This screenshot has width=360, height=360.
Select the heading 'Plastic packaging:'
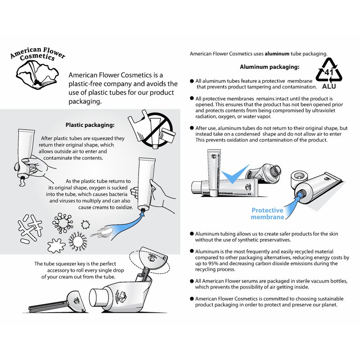[x=90, y=125]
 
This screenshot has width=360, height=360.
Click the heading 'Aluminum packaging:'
[x=270, y=67]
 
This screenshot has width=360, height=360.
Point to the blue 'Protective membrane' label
[x=267, y=213]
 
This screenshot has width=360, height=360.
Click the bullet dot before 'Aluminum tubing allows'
[x=192, y=234]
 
